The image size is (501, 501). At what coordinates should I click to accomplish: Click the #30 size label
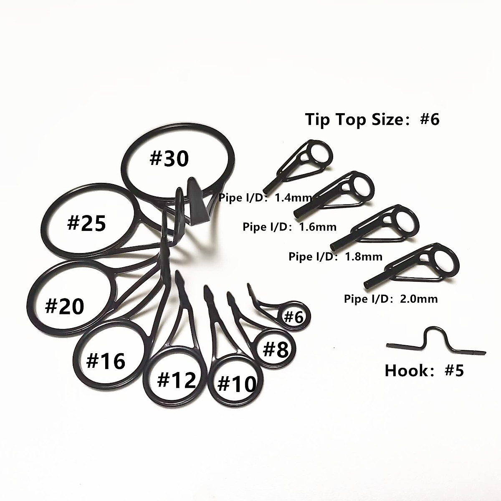pos(169,159)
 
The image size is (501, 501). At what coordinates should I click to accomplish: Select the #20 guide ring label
pos(64,306)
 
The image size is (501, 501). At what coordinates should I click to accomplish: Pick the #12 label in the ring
pos(176,380)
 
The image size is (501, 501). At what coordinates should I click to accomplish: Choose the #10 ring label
pos(237,383)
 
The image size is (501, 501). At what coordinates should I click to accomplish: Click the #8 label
pos(276,349)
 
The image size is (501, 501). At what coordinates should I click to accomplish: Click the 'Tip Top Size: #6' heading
pos(373,119)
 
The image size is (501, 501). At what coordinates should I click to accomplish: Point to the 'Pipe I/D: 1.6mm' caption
pos(289,227)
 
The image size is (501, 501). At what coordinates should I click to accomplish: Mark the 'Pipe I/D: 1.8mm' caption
pos(335,256)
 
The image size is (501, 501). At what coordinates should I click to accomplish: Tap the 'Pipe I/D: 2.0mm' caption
pos(391,299)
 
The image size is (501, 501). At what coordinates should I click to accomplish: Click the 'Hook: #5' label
pos(424,370)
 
